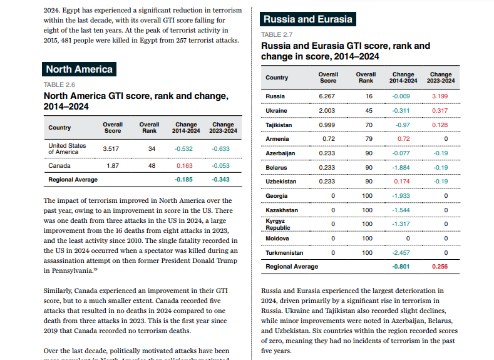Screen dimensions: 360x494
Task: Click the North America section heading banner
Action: pos(79,69)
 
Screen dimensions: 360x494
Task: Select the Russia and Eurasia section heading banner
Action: pos(308,19)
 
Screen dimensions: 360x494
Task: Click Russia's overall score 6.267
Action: pos(327,96)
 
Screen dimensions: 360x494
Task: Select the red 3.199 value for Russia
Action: pos(441,96)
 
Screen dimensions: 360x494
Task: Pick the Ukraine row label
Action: pos(277,111)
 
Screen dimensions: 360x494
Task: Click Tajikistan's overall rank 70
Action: pos(369,125)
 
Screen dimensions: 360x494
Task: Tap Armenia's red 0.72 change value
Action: pos(403,139)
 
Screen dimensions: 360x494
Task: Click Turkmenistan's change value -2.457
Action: pos(401,253)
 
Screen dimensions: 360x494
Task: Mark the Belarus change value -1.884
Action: pos(401,168)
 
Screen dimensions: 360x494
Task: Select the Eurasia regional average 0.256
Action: pos(441,267)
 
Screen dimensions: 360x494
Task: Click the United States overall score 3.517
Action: pos(111,149)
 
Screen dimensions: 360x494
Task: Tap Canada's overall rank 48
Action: pos(152,166)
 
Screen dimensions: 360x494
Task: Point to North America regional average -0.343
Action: pos(221,180)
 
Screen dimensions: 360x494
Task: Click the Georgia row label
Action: pos(277,196)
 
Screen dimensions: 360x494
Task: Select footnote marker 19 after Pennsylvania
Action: pos(95,269)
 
